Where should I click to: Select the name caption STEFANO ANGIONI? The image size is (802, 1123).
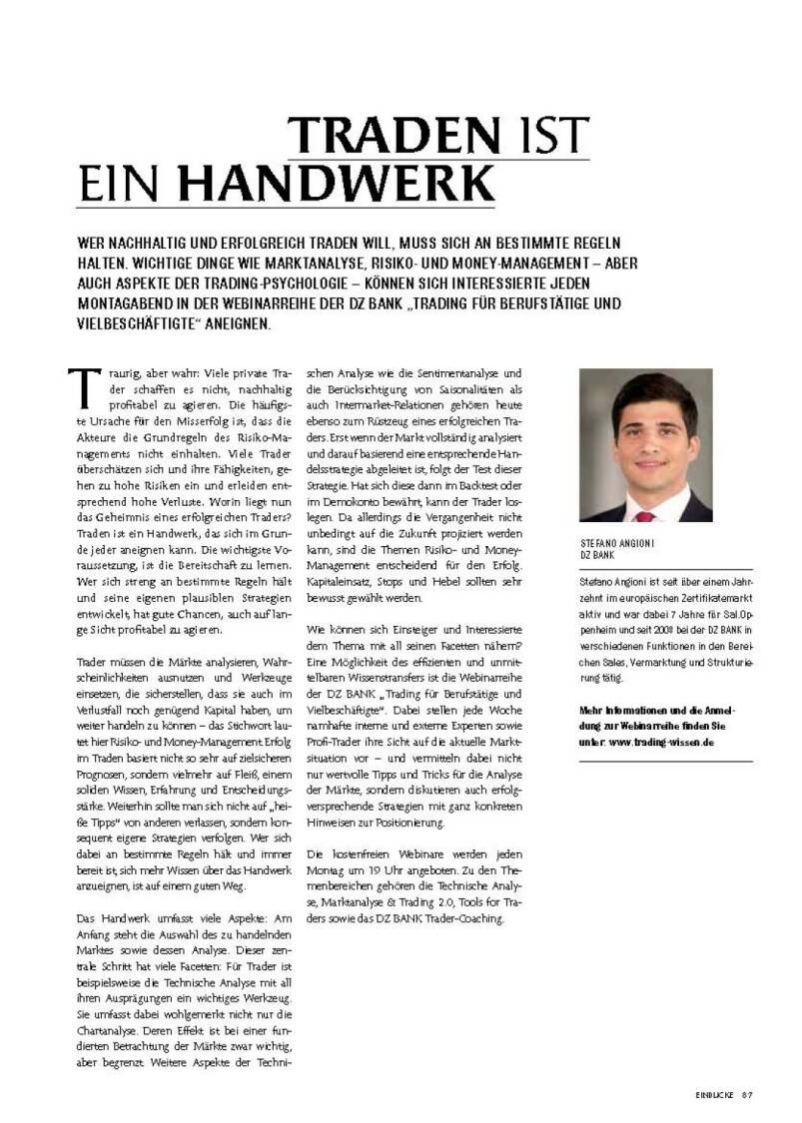point(620,544)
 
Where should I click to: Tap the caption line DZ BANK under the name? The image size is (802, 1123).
point(594,555)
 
